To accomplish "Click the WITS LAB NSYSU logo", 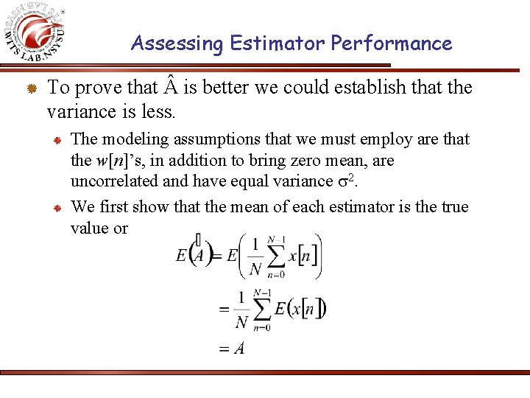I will coord(37,33).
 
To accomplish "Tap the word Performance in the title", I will coord(391,43).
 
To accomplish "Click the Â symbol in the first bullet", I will coord(170,88).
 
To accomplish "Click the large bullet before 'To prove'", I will coord(32,89).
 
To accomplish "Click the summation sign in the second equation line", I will coord(261,309).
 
